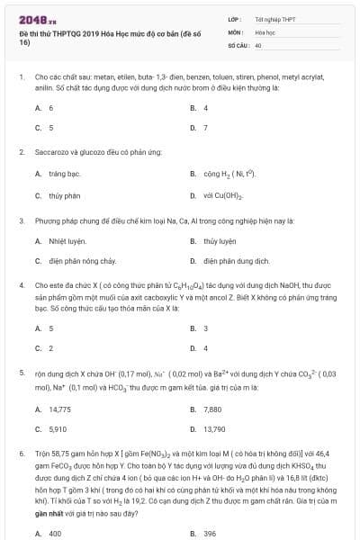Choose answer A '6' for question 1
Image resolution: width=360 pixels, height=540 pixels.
tap(50, 108)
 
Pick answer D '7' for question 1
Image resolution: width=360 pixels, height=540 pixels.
tap(205, 128)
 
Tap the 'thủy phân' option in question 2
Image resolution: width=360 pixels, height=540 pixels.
tap(64, 195)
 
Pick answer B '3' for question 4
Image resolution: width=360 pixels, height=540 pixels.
tap(205, 328)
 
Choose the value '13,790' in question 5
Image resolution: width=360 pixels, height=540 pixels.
tap(213, 429)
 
